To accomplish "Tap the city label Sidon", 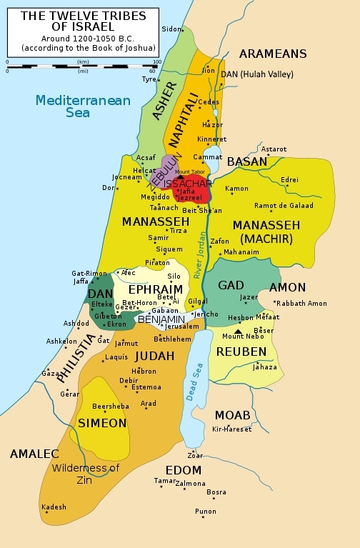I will coord(171,29).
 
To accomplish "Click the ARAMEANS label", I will coord(273,54).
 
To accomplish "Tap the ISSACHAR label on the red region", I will coord(187,183).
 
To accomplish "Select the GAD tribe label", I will coord(231,285).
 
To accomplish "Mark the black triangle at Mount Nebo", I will coord(238,332).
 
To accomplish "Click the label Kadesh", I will coord(54,507).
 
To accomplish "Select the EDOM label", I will coord(183,470).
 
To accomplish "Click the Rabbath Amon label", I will coord(302,304).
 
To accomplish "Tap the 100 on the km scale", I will coord(156,61).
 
